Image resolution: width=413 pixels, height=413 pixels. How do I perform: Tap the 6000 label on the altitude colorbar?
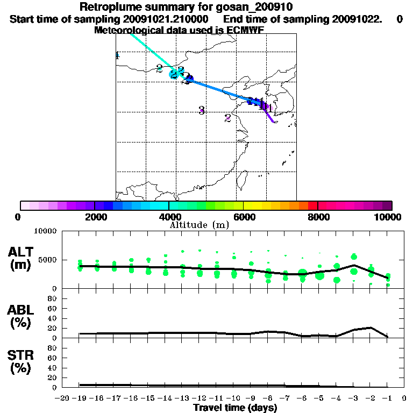coord(244,217)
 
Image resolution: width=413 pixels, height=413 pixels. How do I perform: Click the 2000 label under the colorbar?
coord(95,217)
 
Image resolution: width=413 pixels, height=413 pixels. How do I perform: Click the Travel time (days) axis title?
coord(235,408)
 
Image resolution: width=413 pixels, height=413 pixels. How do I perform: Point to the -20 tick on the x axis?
coord(62,398)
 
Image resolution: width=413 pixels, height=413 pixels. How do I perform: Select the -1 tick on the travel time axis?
coord(387,398)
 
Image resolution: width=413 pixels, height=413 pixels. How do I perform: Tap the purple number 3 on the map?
coord(202,111)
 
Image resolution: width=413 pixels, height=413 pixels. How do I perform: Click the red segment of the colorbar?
coord(312,205)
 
